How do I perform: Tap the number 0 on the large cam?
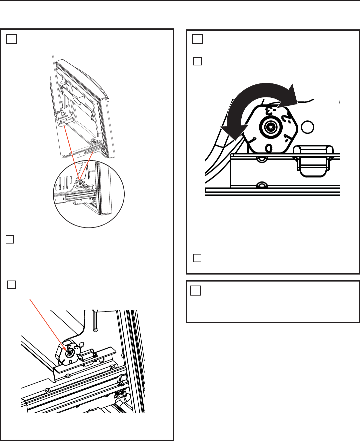pos(268,147)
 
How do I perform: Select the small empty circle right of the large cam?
pos(307,127)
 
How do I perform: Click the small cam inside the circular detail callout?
pos(79,183)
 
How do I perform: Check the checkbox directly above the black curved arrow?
pos(197,61)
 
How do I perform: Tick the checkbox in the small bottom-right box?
pos(196,291)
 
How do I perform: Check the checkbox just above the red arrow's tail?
pos(11,285)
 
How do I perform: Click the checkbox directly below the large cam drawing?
pos(197,258)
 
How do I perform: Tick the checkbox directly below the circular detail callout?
pos(10,239)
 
